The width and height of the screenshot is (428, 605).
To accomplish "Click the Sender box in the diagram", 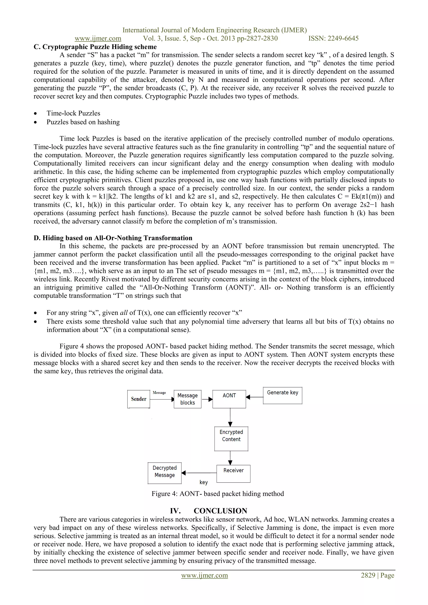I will pyautogui.click(x=139, y=399).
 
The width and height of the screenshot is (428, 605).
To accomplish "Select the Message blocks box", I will pyautogui.click(x=187, y=399).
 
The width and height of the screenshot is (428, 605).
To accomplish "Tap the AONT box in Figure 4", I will pyautogui.click(x=229, y=399).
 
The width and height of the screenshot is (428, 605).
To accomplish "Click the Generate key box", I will pyautogui.click(x=283, y=395).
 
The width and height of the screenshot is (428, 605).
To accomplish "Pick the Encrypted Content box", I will pyautogui.click(x=231, y=439).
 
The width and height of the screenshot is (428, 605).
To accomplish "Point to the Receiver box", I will pyautogui.click(x=233, y=474).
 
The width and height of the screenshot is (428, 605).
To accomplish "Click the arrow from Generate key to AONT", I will pyautogui.click(x=255, y=397).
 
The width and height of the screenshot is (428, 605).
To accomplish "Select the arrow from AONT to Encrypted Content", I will pyautogui.click(x=230, y=417).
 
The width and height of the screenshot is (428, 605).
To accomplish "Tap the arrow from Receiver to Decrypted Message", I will pyautogui.click(x=199, y=473).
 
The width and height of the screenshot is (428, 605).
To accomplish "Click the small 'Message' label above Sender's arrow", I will pyautogui.click(x=159, y=393).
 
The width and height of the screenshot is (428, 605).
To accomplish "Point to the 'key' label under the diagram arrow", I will pyautogui.click(x=204, y=482).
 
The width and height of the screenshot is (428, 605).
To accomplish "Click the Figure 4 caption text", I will pyautogui.click(x=218, y=493).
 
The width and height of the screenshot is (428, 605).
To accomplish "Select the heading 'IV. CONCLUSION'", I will pyautogui.click(x=209, y=511).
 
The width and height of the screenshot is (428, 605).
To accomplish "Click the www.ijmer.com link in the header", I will pyautogui.click(x=98, y=38).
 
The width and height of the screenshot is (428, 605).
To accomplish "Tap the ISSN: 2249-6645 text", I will pyautogui.click(x=333, y=38).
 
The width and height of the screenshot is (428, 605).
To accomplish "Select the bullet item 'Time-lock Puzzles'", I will pyautogui.click(x=73, y=113).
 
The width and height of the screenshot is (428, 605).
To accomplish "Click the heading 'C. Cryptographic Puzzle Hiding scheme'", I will pyautogui.click(x=95, y=47).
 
